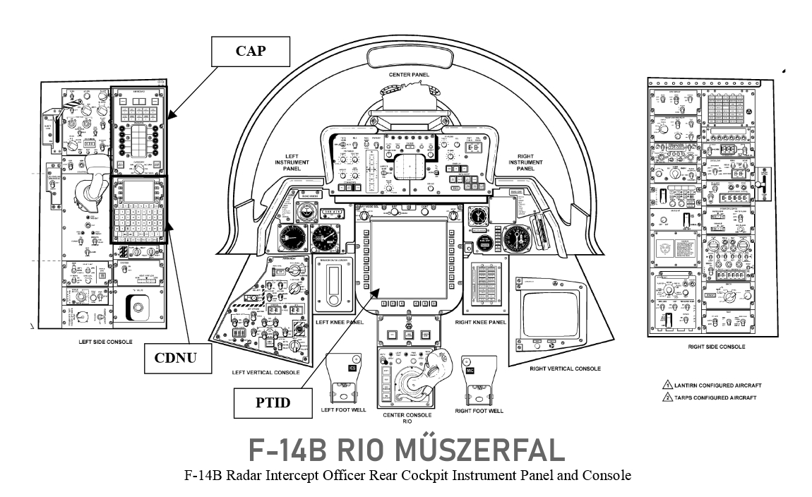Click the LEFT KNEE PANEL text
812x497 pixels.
pos(340,322)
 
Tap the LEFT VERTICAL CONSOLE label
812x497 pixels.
pos(265,372)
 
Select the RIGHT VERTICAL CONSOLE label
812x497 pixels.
pos(565,369)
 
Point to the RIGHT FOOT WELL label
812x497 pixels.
pos(479,410)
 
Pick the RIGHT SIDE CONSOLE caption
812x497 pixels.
pos(716,347)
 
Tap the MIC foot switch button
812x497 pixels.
pos(470,370)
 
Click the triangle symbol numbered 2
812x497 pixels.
pos(666,397)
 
